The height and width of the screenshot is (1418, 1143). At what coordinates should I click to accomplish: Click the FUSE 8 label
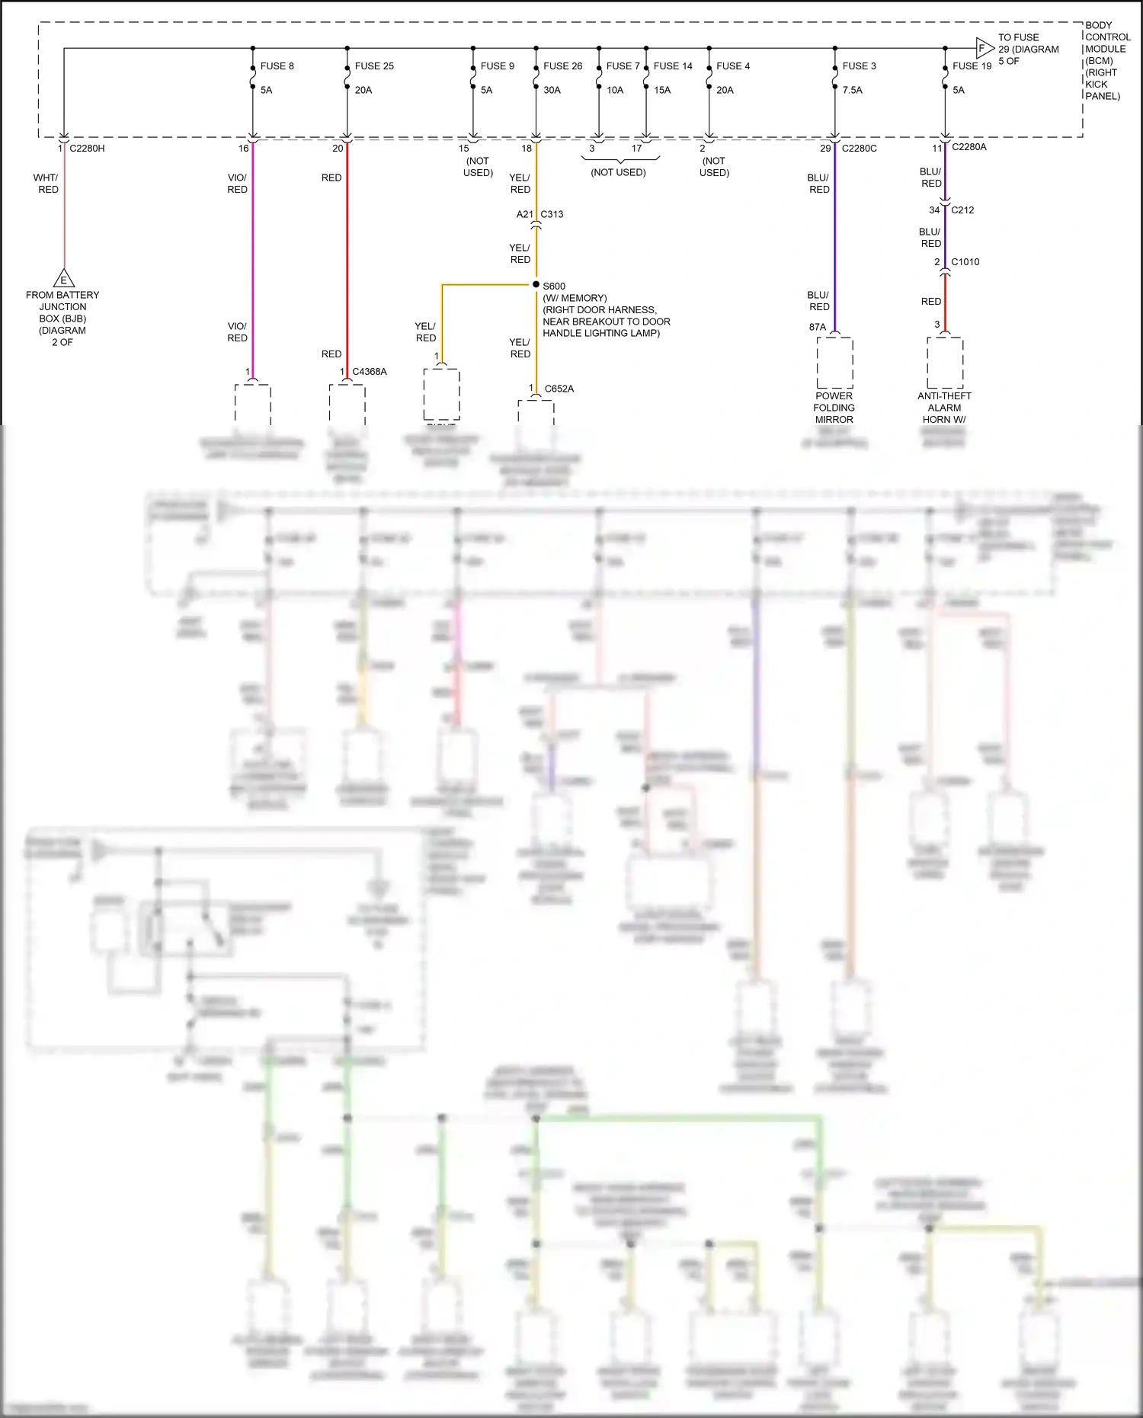point(277,66)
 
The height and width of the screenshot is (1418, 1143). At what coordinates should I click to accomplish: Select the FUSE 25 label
point(374,66)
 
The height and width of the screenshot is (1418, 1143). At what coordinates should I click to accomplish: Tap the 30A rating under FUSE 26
point(552,90)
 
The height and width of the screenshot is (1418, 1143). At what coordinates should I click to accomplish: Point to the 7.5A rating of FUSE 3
point(853,90)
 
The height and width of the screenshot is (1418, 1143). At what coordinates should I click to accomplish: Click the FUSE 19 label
point(972,66)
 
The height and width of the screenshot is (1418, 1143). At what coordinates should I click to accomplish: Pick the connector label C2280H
point(87,149)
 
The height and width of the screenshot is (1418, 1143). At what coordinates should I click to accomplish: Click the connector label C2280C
point(859,149)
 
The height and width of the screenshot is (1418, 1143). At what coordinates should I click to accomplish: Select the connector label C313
point(552,214)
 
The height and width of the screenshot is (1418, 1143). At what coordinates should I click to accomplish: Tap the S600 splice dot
point(536,285)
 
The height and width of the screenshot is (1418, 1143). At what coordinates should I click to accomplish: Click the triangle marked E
point(63,279)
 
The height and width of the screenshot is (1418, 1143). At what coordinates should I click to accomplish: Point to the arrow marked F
point(984,49)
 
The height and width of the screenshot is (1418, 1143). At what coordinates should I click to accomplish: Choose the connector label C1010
point(965,262)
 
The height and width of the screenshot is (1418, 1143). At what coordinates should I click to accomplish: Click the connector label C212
point(962,210)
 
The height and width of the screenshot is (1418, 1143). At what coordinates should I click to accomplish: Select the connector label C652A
point(559,389)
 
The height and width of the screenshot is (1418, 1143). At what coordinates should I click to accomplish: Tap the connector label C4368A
point(369,372)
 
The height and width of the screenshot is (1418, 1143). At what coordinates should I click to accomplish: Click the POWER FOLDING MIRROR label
point(834,408)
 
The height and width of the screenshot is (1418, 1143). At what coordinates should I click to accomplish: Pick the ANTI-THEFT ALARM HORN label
point(944,408)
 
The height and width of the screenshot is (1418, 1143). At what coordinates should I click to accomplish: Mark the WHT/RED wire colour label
point(46,184)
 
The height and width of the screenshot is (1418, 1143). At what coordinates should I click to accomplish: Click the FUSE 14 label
point(673,66)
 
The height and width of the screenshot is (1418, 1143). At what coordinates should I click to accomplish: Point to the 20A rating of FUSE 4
point(725,90)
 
